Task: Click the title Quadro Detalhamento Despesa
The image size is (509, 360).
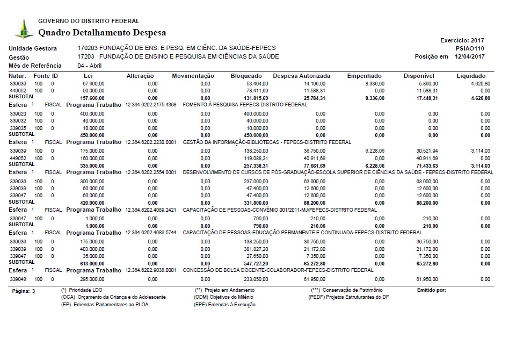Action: coord(102,33)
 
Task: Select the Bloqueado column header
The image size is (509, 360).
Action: coord(246,76)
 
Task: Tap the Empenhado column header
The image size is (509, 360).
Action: coord(364,76)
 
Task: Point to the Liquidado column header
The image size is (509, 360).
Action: coord(471,76)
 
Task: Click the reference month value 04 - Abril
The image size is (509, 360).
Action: coord(90,66)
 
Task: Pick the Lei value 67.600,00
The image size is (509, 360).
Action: coord(93,84)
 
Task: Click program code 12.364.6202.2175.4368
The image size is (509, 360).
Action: coord(150,105)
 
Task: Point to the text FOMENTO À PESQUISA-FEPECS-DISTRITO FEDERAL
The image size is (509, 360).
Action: coord(245,105)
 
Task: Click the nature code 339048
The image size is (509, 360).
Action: coord(18,279)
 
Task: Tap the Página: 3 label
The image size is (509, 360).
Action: coord(23,291)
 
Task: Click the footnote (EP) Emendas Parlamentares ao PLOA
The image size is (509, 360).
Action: coord(105,305)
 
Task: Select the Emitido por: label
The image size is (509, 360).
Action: coord(431,290)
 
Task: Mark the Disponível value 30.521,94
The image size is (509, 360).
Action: coord(427,151)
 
